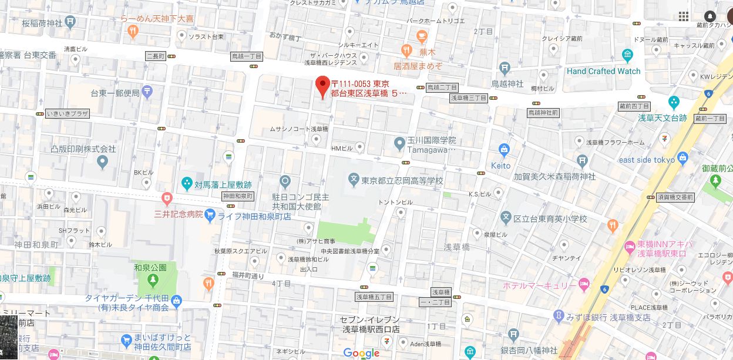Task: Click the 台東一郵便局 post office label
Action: (115, 93)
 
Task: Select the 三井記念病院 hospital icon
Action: (167, 198)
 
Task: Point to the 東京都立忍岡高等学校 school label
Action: (402, 180)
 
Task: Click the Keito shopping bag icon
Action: (503, 150)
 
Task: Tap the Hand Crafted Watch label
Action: (603, 71)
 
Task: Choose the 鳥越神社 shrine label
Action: (507, 83)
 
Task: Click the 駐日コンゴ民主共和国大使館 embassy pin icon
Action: (285, 181)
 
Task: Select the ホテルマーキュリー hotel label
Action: (540, 285)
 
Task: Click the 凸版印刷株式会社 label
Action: (83, 149)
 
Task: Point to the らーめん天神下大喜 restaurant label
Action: (157, 19)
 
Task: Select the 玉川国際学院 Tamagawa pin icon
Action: (399, 142)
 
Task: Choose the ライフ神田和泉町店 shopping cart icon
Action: (210, 216)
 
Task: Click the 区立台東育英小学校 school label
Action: (550, 219)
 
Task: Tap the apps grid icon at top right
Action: (684, 16)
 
